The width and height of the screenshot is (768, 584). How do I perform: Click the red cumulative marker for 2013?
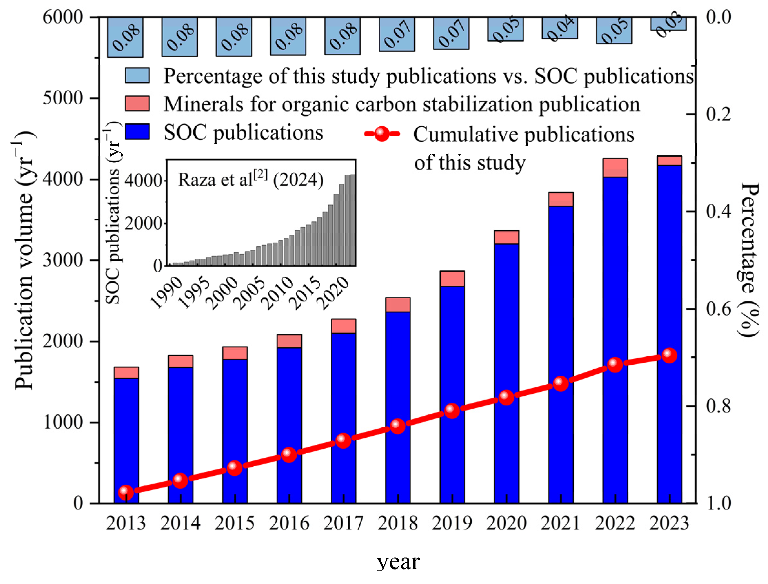(x=126, y=492)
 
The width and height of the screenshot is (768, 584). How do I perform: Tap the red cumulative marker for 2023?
(x=669, y=355)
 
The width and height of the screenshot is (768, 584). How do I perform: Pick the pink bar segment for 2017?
(x=343, y=326)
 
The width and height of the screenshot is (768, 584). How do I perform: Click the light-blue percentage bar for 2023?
(x=668, y=24)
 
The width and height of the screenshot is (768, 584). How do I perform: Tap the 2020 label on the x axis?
(x=506, y=524)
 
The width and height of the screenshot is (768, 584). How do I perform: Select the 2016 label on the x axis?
(x=289, y=524)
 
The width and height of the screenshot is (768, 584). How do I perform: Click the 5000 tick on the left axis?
(x=63, y=98)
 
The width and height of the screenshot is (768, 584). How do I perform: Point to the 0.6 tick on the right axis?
(x=718, y=309)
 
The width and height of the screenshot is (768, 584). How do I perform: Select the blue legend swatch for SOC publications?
(x=137, y=132)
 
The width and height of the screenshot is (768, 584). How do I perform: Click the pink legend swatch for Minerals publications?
(x=137, y=104)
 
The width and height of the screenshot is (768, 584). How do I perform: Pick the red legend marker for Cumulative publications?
(x=382, y=134)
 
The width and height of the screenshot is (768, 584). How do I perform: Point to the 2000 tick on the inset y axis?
(x=143, y=224)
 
